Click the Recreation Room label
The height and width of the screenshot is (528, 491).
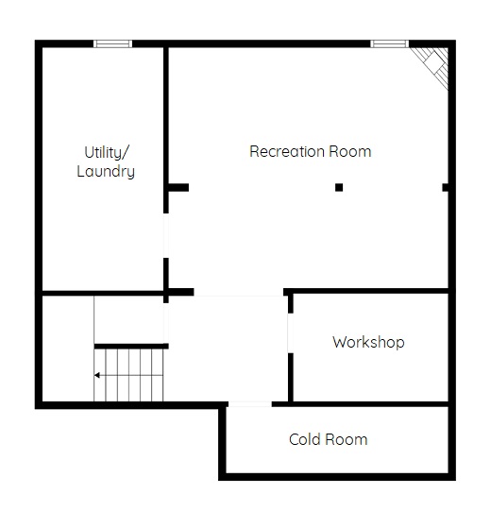310,151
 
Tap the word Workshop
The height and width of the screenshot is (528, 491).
368,343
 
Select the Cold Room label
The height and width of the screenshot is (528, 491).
328,440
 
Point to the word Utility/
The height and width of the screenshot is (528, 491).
107,153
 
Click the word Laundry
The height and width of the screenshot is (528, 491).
106,172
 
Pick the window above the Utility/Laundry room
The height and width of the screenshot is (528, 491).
112,43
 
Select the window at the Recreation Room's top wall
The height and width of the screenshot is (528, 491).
389,43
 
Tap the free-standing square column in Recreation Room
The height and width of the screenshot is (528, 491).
339,187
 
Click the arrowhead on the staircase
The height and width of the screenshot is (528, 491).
96,375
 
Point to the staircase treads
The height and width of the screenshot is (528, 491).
128,375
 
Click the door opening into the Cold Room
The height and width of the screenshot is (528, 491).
249,404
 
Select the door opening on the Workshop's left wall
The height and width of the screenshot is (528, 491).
291,333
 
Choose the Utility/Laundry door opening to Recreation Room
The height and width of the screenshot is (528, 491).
166,235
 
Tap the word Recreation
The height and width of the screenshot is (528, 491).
286,151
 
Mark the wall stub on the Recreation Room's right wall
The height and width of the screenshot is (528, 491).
446,187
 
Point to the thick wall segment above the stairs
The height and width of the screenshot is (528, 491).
131,346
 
